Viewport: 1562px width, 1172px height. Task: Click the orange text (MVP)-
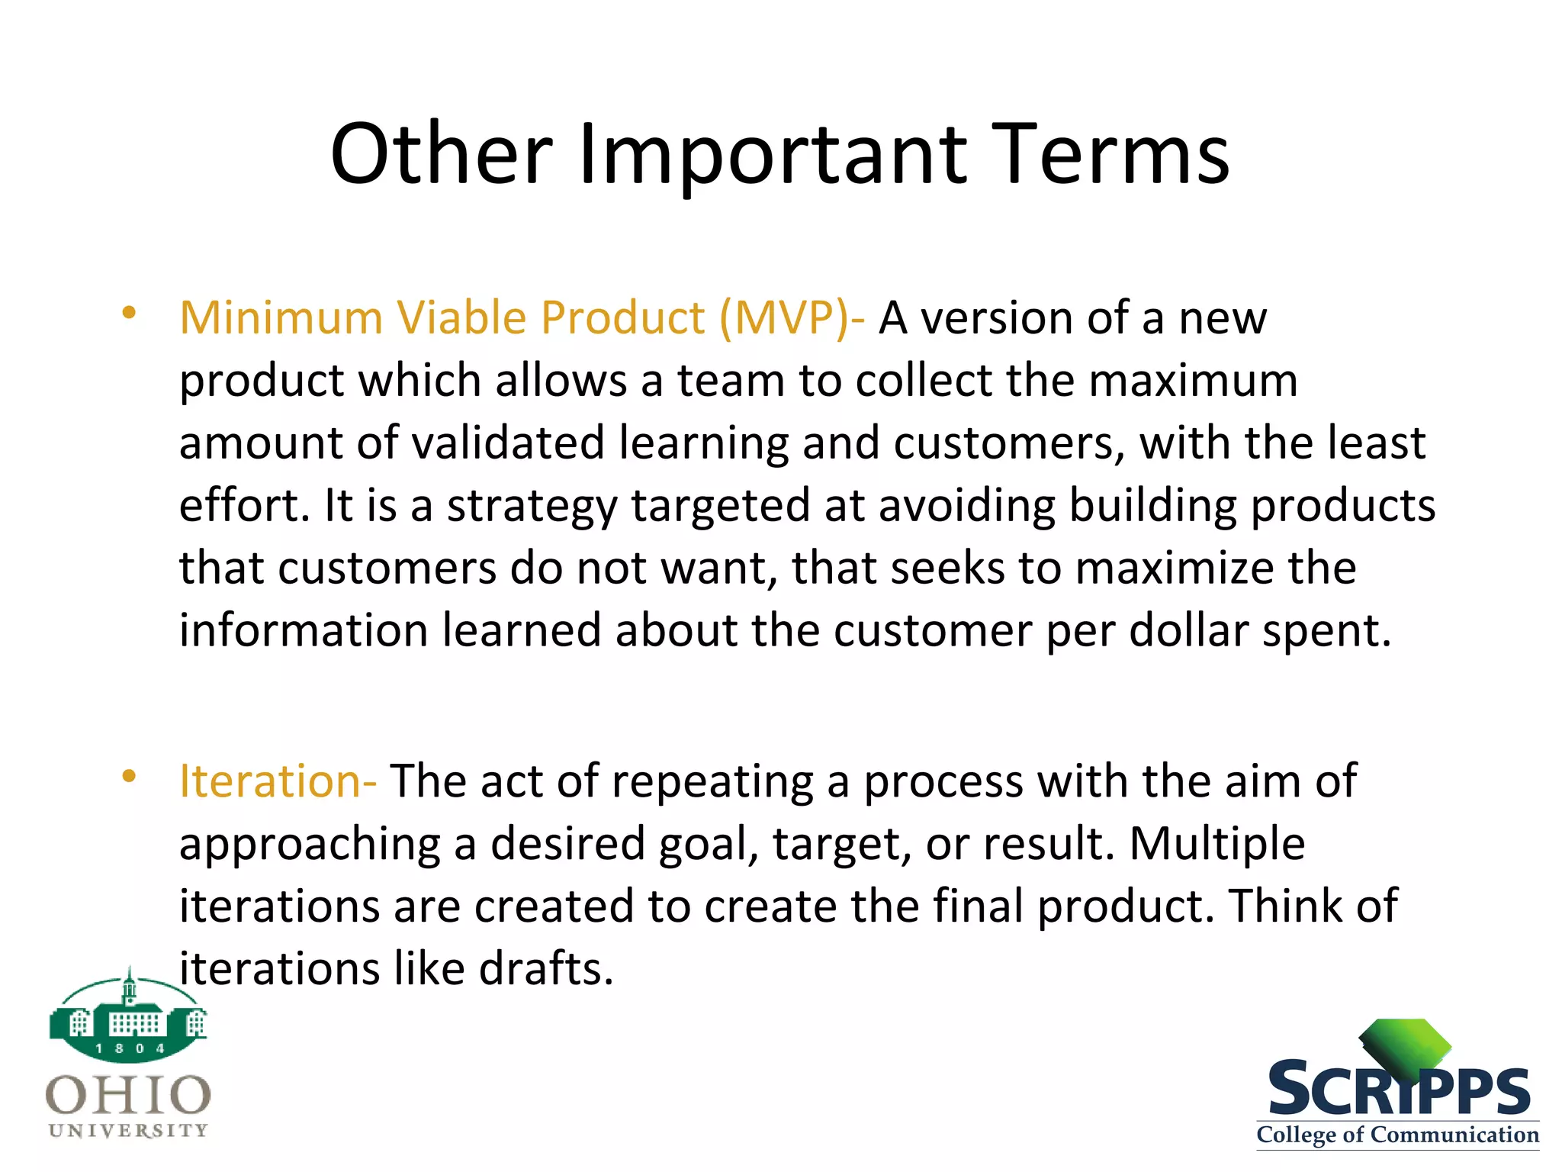(x=792, y=317)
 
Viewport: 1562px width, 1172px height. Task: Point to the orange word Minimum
(x=280, y=317)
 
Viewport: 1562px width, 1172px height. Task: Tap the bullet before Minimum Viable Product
(x=128, y=313)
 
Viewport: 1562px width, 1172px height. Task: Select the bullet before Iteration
(x=128, y=777)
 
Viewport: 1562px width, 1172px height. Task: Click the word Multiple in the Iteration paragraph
(x=1216, y=844)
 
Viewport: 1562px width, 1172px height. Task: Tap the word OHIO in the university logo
(x=128, y=1095)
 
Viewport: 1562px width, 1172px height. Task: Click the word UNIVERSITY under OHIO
(x=128, y=1130)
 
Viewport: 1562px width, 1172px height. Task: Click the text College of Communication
(x=1397, y=1135)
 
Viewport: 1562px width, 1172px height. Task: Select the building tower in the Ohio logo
(x=129, y=988)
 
